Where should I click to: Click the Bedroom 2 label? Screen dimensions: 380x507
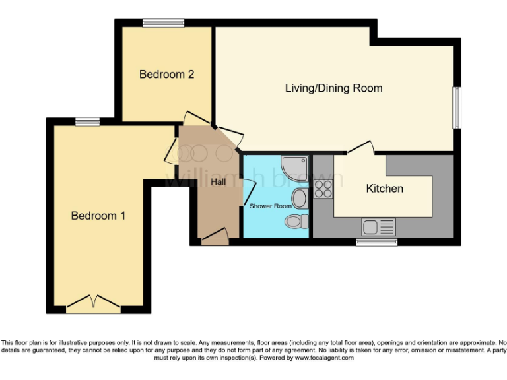(166, 75)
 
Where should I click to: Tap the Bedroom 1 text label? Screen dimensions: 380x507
(98, 216)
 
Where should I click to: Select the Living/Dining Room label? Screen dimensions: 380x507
(333, 88)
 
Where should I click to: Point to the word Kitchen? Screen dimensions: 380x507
(384, 189)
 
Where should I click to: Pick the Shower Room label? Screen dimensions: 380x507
(270, 206)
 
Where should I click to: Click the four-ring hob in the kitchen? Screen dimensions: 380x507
(323, 189)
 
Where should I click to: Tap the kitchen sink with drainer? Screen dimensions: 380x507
(378, 228)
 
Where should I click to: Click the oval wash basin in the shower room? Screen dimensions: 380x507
(299, 198)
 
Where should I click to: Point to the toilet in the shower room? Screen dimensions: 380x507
(296, 221)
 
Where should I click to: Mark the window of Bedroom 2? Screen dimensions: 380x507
(163, 24)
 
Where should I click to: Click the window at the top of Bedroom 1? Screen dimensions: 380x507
(87, 121)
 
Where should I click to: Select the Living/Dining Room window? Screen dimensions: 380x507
(456, 108)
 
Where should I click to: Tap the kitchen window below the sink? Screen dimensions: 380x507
(377, 242)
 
